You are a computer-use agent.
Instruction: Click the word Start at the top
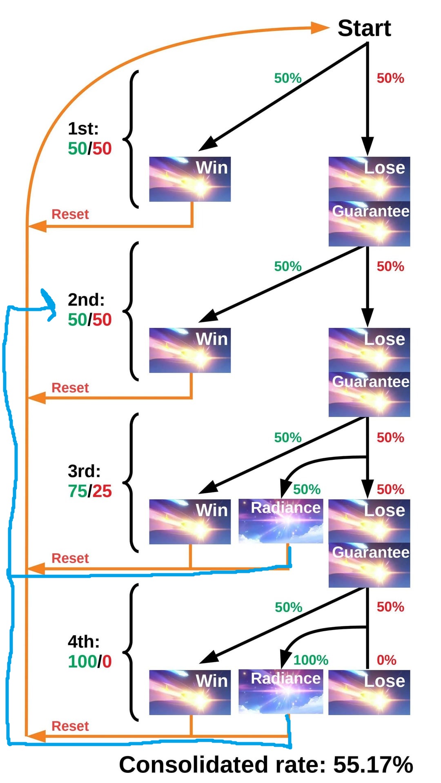(364, 28)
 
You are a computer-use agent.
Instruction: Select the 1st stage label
(83, 129)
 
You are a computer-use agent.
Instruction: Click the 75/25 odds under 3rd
(90, 491)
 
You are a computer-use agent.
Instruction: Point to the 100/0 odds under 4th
(90, 661)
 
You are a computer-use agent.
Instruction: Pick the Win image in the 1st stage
(190, 179)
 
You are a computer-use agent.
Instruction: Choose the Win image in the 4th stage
(190, 692)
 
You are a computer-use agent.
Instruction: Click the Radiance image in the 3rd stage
(281, 521)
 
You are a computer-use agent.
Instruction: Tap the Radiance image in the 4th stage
(281, 692)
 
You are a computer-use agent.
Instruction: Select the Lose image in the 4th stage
(369, 692)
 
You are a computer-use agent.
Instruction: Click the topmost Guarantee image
(369, 224)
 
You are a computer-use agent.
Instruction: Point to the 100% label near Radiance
(311, 660)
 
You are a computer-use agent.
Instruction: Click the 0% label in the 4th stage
(386, 660)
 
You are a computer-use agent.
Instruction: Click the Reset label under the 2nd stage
(70, 388)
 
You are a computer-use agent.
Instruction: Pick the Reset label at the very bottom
(70, 726)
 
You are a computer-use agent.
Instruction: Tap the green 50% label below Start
(288, 78)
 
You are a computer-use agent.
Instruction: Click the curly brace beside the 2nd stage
(131, 311)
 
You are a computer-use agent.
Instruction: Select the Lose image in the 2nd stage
(369, 350)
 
